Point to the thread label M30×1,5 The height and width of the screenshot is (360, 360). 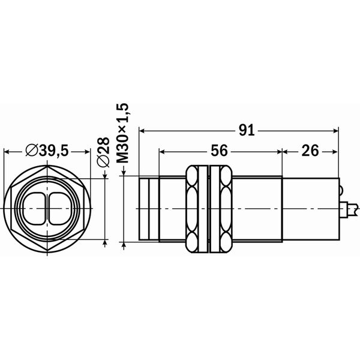124,134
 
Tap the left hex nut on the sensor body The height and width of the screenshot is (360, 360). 194,207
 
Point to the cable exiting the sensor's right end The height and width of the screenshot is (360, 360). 351,208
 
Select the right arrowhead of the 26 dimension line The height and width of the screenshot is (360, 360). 335,152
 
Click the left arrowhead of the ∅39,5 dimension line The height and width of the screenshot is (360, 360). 7,152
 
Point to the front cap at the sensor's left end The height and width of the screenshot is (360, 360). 148,207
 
